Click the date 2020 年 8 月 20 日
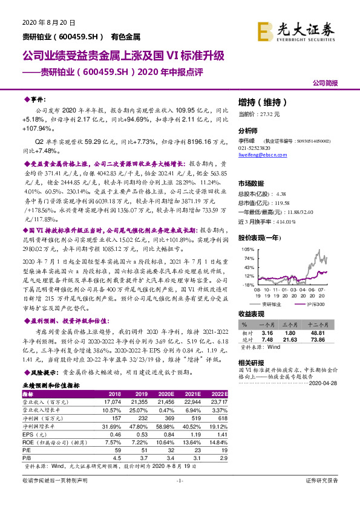(x=48, y=22)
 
